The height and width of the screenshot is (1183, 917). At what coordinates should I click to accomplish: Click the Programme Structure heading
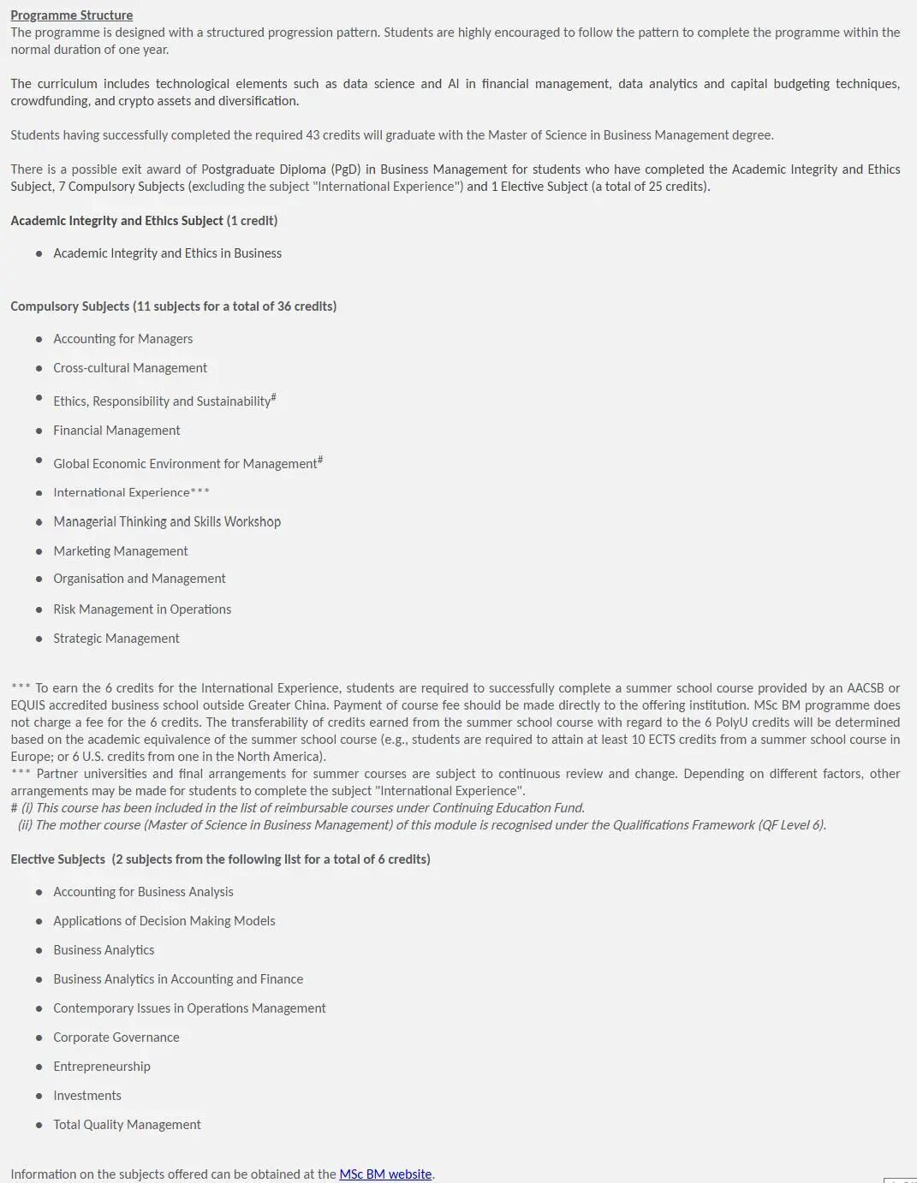(x=71, y=15)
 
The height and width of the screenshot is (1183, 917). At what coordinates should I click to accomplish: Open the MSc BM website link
(x=385, y=1174)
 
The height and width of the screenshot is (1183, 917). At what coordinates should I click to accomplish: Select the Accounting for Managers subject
(x=122, y=339)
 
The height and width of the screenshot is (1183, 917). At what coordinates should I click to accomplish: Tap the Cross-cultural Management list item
(x=130, y=368)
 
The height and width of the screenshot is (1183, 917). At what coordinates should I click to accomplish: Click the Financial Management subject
(x=116, y=431)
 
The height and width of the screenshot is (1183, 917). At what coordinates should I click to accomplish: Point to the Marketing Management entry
(x=121, y=551)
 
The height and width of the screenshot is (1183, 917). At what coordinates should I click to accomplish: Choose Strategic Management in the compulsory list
(x=116, y=639)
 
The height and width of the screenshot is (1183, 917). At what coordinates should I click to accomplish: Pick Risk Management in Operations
(x=142, y=609)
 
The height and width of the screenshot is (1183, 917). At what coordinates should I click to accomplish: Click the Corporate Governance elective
(x=116, y=1037)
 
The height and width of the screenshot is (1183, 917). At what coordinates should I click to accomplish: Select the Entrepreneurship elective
(x=102, y=1067)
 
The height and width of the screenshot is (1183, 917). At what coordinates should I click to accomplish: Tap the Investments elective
(x=87, y=1096)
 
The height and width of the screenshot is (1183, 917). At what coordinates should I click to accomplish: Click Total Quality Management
(x=127, y=1125)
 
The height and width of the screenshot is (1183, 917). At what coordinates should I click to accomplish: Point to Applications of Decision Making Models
(x=164, y=921)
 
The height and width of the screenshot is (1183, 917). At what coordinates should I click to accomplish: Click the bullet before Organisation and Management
(x=39, y=580)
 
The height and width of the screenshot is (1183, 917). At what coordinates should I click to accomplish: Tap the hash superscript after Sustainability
(x=273, y=397)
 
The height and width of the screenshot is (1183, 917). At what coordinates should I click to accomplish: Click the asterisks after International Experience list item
(x=200, y=492)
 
